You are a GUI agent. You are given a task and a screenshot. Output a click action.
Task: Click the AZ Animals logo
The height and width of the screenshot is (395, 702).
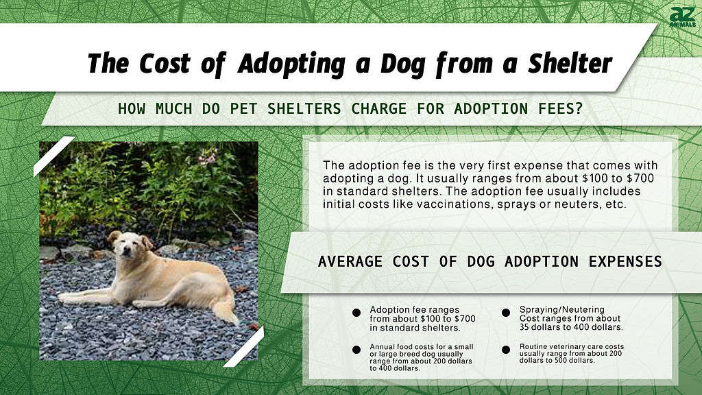click(x=682, y=17)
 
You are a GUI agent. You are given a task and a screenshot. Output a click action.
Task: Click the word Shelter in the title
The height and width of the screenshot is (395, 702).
click(x=570, y=63)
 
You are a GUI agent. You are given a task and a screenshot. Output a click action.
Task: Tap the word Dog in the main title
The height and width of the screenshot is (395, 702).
click(x=402, y=64)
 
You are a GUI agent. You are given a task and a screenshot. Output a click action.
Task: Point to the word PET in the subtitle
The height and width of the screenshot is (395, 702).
click(x=243, y=108)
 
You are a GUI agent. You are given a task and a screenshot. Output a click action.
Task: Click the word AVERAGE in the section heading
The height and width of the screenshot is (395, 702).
click(x=350, y=261)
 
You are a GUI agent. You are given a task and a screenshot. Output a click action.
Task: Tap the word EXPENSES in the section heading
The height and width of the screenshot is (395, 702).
click(x=625, y=261)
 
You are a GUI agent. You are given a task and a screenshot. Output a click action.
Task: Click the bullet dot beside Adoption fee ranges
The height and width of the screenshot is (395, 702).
click(x=356, y=313)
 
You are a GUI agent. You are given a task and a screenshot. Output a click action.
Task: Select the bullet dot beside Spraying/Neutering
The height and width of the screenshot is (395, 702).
click(x=506, y=313)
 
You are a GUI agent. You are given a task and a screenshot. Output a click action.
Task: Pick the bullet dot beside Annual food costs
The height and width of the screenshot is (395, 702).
click(x=356, y=350)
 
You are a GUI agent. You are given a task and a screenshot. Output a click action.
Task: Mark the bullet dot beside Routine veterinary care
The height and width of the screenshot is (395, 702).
click(x=506, y=350)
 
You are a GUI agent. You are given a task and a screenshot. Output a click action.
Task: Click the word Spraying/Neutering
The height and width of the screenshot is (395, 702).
click(x=562, y=310)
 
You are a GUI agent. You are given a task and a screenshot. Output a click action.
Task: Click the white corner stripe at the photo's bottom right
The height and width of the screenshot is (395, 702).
click(x=244, y=346)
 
